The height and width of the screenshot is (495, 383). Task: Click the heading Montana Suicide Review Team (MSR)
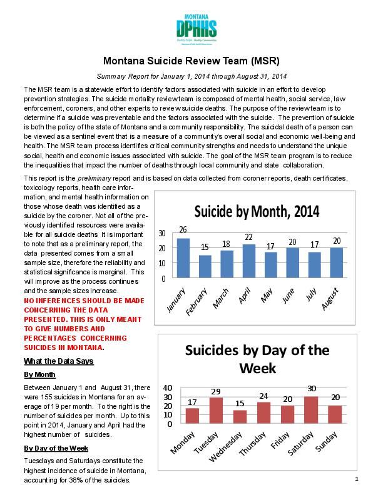(191, 61)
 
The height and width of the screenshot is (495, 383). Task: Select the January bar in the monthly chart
(183, 258)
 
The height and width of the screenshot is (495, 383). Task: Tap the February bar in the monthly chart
(205, 266)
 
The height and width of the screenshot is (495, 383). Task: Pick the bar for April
(248, 261)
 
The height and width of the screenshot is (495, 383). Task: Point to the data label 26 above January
(183, 230)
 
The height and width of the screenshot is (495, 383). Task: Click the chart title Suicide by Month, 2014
(257, 211)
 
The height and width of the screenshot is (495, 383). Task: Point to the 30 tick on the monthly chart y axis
(161, 234)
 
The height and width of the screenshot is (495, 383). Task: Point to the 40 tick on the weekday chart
(166, 387)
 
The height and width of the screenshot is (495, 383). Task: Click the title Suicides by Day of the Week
(257, 359)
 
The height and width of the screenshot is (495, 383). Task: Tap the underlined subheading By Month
(39, 374)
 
